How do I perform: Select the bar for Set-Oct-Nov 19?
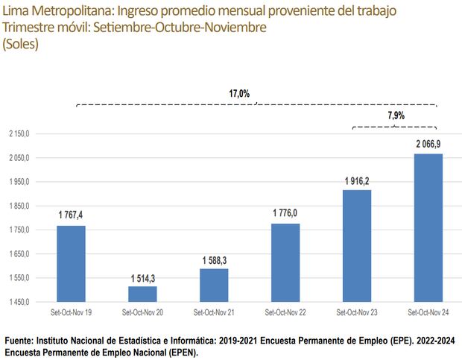click(71, 264)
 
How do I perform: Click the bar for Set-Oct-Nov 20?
click(142, 294)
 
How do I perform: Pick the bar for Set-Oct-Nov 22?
click(285, 263)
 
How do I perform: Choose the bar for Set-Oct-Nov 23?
click(357, 246)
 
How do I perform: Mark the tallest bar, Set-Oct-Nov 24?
click(428, 228)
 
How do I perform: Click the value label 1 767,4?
click(71, 215)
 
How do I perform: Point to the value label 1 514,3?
click(142, 277)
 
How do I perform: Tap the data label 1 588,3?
click(214, 259)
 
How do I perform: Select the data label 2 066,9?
click(428, 143)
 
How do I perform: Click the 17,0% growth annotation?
click(239, 94)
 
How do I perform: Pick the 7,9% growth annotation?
click(396, 116)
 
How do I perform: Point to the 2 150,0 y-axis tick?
click(18, 134)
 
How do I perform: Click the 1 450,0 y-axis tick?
click(18, 303)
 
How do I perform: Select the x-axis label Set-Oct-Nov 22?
click(285, 314)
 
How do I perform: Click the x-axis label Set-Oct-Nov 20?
click(142, 314)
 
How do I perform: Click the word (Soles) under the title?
click(21, 44)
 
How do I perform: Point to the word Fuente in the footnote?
click(22, 341)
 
